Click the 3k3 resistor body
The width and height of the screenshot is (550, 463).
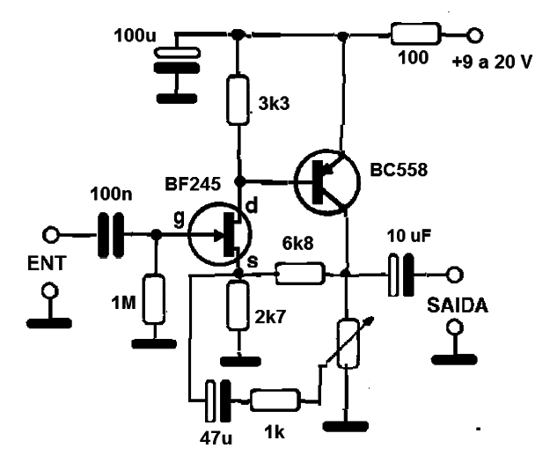click(238, 99)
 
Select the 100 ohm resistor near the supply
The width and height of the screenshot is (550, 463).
click(415, 34)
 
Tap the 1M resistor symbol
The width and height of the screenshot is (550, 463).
click(154, 299)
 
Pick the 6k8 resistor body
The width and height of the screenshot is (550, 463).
click(299, 273)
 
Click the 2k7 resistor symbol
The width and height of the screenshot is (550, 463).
click(238, 305)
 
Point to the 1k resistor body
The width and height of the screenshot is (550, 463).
click(275, 400)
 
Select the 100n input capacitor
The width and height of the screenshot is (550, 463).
click(111, 235)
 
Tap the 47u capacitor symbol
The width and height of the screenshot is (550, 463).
click(218, 401)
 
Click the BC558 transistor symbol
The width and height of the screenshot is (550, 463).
click(327, 181)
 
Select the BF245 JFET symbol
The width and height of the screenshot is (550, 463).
click(220, 234)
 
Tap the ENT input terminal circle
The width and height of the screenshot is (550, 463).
click(51, 235)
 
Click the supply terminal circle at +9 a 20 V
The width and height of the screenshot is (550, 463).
click(474, 35)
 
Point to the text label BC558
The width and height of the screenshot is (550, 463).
click(399, 170)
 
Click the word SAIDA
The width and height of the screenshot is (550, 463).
click(458, 305)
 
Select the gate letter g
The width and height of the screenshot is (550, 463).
click(179, 219)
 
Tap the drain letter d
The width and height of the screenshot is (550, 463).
click(253, 205)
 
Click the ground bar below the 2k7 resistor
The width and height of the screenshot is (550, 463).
click(240, 362)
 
